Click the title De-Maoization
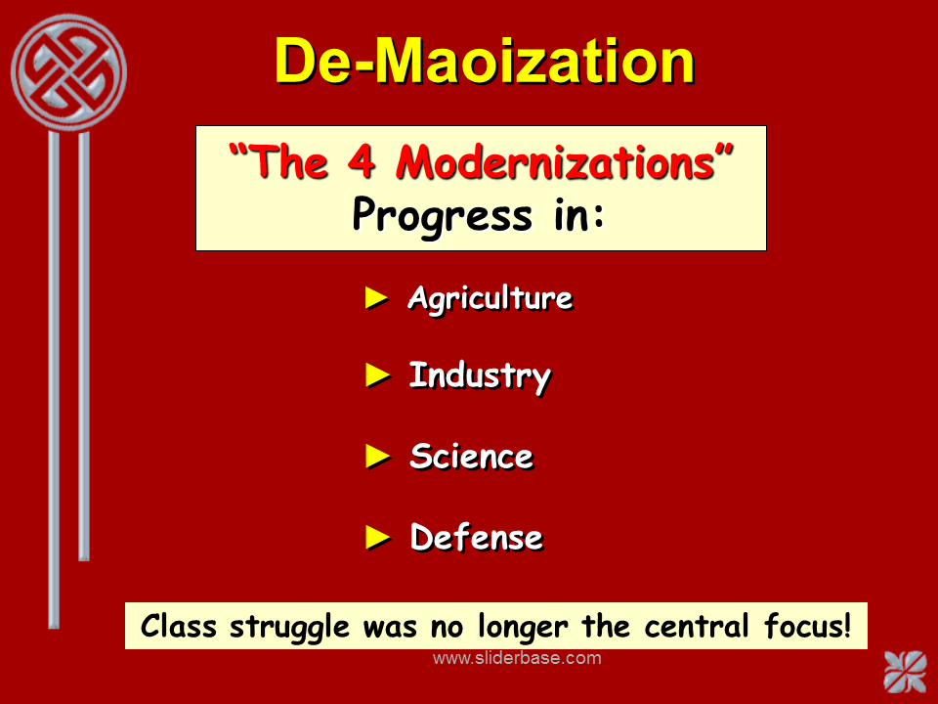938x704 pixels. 485,61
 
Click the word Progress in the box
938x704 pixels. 442,216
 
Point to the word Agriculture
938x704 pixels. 490,298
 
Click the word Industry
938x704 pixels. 480,376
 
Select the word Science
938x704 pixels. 471,457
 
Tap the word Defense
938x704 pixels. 477,537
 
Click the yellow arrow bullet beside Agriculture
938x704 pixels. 377,298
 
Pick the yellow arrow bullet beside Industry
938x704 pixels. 377,375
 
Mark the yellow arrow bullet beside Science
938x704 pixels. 377,457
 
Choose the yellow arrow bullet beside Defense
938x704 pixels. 377,537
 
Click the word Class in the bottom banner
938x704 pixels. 178,626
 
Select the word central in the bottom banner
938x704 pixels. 697,626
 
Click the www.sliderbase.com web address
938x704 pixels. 517,658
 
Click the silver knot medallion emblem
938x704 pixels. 68,71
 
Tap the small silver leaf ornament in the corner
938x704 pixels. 905,671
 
